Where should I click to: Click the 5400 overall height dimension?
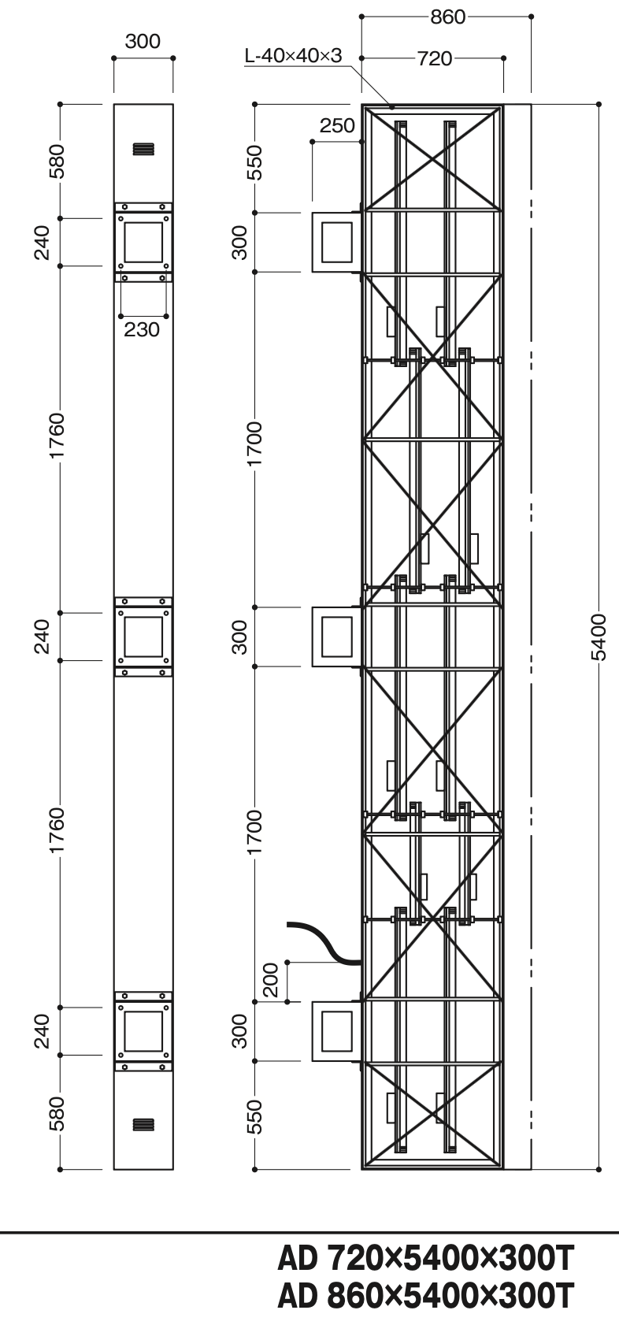pos(599,637)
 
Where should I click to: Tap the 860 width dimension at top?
pos(447,17)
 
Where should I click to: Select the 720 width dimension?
pos(435,58)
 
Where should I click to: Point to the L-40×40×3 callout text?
pos(293,56)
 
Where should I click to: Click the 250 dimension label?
pos(337,125)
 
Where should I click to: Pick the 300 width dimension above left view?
pos(143,41)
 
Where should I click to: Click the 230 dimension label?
pos(142,328)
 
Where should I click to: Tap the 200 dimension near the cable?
pos(269,980)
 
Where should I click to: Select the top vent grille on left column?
pos(143,149)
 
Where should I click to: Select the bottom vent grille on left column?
pos(143,1124)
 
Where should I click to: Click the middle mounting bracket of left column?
pos(143,637)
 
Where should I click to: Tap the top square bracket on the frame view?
pos(336,243)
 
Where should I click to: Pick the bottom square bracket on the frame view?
pos(336,1032)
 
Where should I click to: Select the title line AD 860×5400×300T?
pos(426,1296)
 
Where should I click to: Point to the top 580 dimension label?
pos(57,161)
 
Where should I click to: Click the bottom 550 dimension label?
pos(254,1117)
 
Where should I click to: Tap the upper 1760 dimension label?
pos(57,436)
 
